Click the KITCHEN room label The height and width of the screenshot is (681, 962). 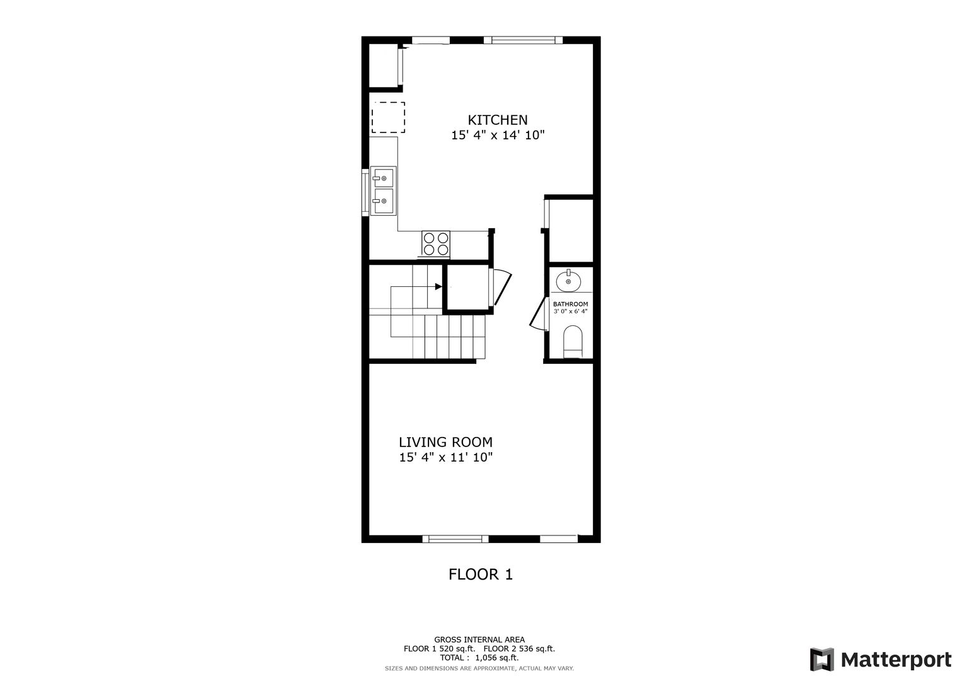click(497, 120)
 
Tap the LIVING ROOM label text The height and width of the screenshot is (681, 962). click(445, 442)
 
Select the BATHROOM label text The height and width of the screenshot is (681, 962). click(570, 304)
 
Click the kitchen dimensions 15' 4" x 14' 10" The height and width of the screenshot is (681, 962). click(498, 135)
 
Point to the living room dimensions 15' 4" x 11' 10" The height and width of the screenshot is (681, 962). click(446, 457)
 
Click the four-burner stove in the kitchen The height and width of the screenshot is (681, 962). click(436, 244)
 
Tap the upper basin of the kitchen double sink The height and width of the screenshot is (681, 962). click(384, 178)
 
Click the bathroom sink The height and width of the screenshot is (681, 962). click(568, 281)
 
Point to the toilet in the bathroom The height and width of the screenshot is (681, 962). click(573, 341)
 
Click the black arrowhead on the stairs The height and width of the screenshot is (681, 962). click(438, 286)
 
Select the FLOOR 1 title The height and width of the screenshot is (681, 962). click(481, 574)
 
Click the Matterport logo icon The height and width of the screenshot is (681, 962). click(822, 660)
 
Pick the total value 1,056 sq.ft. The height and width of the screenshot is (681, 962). click(497, 657)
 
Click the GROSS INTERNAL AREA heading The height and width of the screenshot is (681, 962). click(479, 640)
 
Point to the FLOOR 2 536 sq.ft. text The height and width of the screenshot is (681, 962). click(519, 649)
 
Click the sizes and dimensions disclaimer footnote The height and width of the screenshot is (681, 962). click(479, 668)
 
